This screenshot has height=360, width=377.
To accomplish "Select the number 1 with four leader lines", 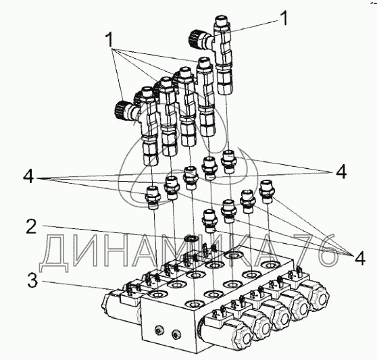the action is [109, 40].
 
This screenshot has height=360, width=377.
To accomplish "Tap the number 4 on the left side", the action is [28, 177].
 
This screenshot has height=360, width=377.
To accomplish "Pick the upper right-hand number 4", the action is [341, 172].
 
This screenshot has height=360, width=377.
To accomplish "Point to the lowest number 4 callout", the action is [360, 257].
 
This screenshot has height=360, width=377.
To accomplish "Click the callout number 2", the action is [32, 226].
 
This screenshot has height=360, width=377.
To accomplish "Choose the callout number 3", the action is [32, 280].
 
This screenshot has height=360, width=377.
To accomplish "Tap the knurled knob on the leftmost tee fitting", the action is [120, 109].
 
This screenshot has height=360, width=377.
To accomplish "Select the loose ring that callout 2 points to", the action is [191, 239].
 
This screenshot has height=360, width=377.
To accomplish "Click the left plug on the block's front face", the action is [159, 330].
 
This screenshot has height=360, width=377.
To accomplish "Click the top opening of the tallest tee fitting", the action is [222, 19].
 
